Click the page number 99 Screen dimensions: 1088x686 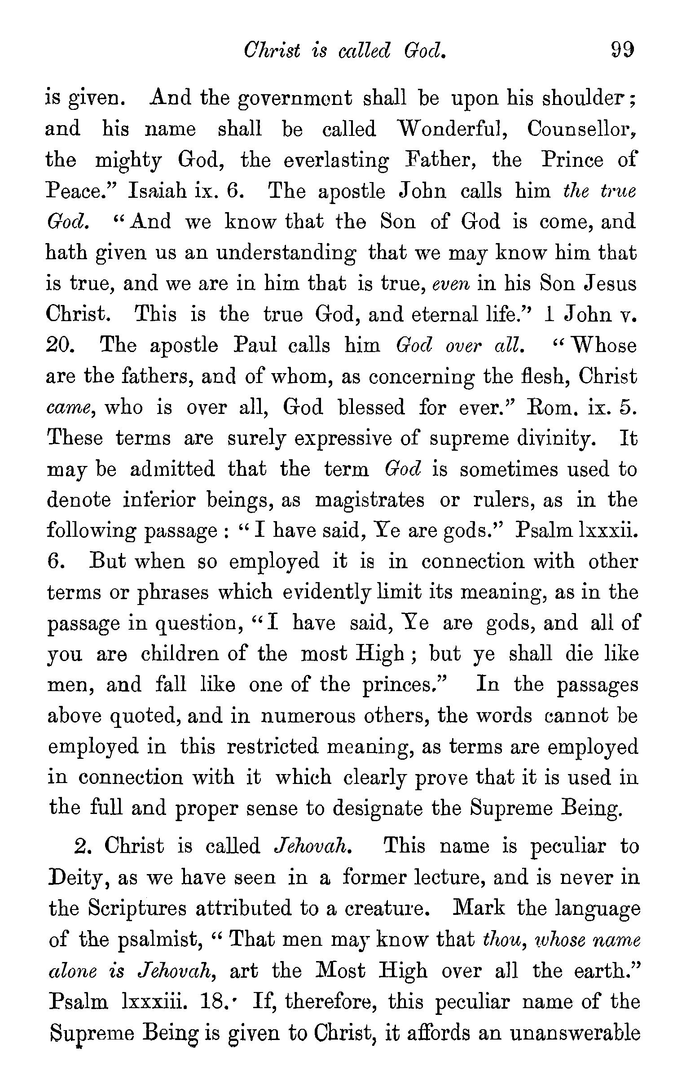click(x=622, y=50)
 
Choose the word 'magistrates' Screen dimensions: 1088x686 click(x=369, y=500)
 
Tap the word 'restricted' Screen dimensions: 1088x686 click(x=272, y=746)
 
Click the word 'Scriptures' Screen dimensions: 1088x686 click(x=137, y=908)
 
